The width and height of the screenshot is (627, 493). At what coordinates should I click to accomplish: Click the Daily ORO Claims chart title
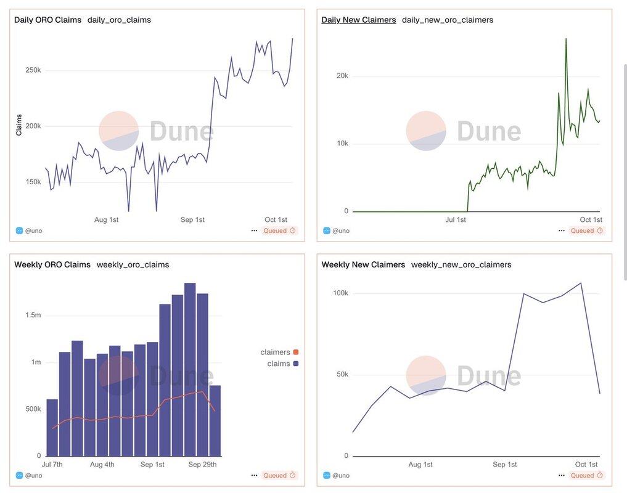coord(47,20)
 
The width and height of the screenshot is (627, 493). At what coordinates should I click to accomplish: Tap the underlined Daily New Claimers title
coord(358,20)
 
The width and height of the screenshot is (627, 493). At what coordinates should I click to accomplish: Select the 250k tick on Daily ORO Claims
coord(33,70)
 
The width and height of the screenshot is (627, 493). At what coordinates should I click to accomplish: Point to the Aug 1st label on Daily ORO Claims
coord(106,219)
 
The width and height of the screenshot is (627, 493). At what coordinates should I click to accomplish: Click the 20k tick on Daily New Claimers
coord(342,76)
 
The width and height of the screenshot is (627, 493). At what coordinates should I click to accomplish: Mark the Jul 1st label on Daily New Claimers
coord(455,219)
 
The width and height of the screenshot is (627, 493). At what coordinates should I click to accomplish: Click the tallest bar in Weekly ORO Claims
coord(190,370)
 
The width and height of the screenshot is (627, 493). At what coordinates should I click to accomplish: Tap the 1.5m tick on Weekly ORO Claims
coord(32,315)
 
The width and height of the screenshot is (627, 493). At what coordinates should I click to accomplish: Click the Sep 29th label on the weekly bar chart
coord(202,464)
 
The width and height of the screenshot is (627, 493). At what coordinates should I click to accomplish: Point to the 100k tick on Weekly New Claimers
coord(340,293)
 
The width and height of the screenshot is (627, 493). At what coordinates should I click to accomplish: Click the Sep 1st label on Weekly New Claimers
coord(504,464)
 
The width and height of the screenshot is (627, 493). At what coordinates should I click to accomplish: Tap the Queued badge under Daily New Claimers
coord(586,230)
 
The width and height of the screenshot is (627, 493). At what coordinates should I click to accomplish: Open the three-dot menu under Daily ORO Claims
coord(254,230)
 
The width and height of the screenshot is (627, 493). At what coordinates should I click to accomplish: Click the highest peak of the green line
coord(566,39)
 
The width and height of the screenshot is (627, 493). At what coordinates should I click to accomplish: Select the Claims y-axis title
coord(19,125)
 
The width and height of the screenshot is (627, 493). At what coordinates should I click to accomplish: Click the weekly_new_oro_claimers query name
coord(461,264)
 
